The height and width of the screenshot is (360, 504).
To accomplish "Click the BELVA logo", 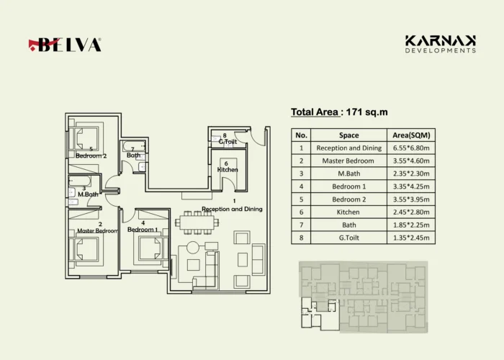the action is click(x=65, y=45).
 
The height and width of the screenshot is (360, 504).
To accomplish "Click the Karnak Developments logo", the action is click(x=441, y=44).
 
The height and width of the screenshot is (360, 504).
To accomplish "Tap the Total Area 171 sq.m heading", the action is click(x=339, y=112).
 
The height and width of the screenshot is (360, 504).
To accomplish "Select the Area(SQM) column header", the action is click(x=411, y=135).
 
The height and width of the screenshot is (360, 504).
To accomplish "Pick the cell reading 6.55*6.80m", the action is click(x=411, y=148).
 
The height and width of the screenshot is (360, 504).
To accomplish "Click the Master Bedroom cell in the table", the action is click(x=348, y=161).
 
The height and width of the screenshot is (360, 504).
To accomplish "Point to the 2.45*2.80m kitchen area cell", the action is click(x=411, y=212).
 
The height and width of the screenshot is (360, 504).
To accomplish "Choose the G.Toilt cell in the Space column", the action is click(x=348, y=238).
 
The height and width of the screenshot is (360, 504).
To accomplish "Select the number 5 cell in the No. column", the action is click(x=301, y=199).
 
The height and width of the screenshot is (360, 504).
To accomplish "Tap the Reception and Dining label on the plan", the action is click(x=232, y=209).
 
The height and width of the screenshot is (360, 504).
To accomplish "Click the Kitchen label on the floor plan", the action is click(x=228, y=170).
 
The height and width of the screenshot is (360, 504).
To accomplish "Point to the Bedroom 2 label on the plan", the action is click(x=91, y=156).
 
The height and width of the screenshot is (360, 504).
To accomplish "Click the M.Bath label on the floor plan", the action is click(x=88, y=194).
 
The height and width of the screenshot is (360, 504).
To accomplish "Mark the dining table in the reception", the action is click(x=197, y=222).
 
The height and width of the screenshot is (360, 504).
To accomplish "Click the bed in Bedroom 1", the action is click(x=150, y=248).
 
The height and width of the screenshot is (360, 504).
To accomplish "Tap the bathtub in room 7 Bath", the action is click(x=134, y=146).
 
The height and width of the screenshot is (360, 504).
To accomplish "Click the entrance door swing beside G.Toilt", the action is click(x=256, y=136).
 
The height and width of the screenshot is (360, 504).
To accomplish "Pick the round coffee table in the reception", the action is click(x=193, y=248).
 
